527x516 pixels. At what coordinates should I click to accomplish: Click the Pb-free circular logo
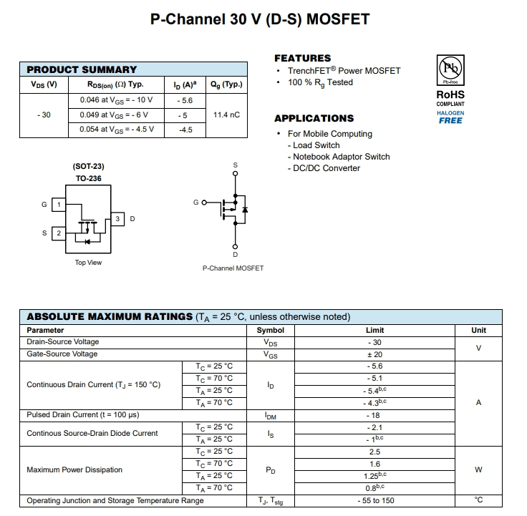tap(450, 69)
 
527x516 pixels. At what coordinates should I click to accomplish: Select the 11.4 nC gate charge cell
tap(226, 115)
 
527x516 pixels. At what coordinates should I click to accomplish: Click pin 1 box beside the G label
tap(59, 205)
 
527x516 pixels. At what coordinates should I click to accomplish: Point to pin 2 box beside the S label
tap(59, 233)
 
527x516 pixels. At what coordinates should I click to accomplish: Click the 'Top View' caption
tap(89, 263)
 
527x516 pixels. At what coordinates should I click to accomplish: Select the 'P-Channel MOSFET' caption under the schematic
tap(233, 268)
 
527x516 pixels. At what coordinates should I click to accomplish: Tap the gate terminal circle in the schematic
tap(203, 203)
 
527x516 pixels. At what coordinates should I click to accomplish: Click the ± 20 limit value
tap(374, 354)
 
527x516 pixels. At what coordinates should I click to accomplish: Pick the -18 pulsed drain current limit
tap(374, 415)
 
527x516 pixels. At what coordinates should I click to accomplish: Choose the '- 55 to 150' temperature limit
tap(374, 501)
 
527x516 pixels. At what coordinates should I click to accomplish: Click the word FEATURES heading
tap(303, 58)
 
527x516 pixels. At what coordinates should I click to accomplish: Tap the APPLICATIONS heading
tap(314, 118)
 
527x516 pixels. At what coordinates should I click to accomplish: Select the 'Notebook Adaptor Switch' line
tap(341, 157)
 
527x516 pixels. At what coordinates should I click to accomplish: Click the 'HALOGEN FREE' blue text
tap(450, 117)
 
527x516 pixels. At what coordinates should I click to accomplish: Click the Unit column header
tap(478, 330)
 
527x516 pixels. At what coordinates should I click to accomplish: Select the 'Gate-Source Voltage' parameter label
tap(63, 354)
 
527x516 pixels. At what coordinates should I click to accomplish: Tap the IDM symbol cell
tap(271, 415)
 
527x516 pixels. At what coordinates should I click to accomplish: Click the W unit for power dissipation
tap(478, 470)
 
